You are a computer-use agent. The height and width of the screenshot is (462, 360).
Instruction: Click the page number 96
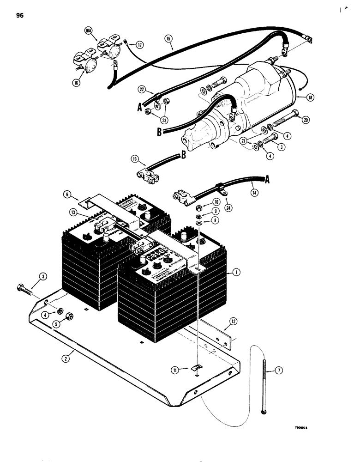coord(19,15)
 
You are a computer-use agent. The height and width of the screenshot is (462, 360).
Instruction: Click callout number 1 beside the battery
coord(235,273)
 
